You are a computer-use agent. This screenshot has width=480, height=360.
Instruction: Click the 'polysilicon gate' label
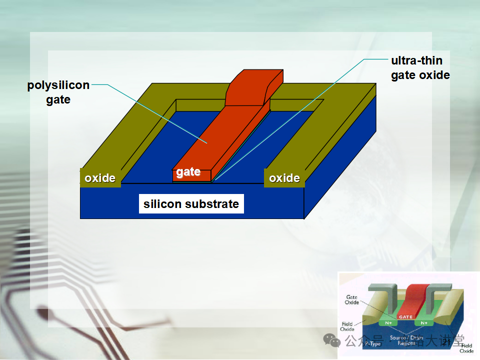[x=58, y=92]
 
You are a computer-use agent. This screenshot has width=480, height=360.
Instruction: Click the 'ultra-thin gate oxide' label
[x=420, y=68]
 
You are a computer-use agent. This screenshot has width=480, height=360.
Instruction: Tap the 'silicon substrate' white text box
[x=191, y=204]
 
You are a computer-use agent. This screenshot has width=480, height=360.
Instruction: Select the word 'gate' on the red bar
[x=188, y=172]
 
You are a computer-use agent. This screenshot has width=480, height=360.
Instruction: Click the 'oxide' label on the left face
[x=100, y=178]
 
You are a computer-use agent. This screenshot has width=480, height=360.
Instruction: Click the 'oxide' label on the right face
[x=284, y=178]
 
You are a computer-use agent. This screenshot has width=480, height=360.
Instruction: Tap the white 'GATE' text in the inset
[x=405, y=316]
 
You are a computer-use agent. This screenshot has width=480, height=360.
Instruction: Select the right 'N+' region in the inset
[x=424, y=323]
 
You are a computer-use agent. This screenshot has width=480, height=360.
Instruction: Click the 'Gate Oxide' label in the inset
[x=352, y=300]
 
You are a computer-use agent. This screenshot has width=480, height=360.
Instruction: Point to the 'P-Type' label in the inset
[x=372, y=343]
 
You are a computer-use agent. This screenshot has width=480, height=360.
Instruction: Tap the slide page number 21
[x=446, y=341]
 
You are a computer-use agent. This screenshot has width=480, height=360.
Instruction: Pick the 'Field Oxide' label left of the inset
[x=347, y=326]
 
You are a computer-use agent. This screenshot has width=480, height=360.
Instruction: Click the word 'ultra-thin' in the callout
[x=416, y=60]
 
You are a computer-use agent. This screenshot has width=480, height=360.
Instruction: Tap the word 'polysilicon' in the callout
[x=58, y=85]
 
